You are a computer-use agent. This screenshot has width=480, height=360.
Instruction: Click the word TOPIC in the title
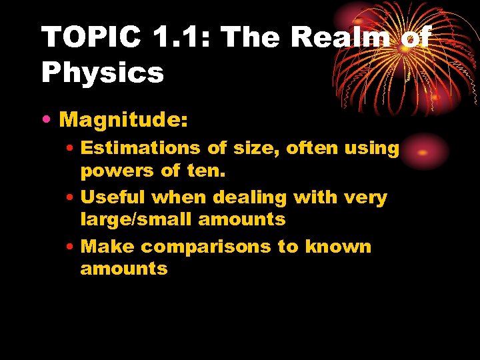[90, 38]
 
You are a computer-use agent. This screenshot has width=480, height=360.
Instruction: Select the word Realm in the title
[342, 38]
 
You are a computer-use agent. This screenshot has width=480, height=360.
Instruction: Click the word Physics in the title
[103, 73]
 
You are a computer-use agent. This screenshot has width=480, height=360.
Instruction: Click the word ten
[207, 171]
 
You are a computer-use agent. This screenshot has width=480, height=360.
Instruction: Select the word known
[338, 247]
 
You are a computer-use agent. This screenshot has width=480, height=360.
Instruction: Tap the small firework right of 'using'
[424, 153]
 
